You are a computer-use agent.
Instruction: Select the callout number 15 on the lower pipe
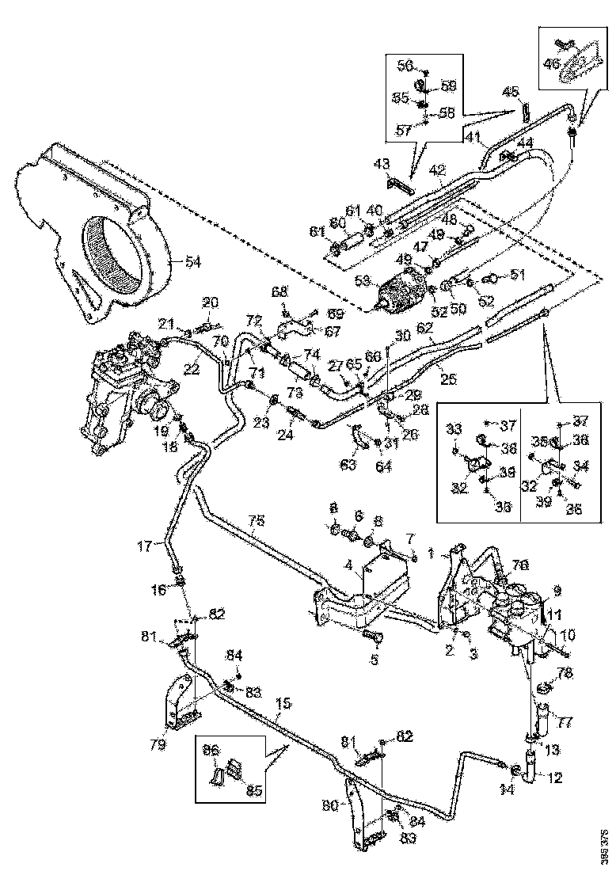point(283,703)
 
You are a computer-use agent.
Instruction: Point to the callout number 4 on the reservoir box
point(348,565)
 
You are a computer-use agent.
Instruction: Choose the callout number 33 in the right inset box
point(454,430)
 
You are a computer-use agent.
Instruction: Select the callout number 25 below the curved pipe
point(447,380)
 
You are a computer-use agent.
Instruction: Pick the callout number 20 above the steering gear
point(209,302)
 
